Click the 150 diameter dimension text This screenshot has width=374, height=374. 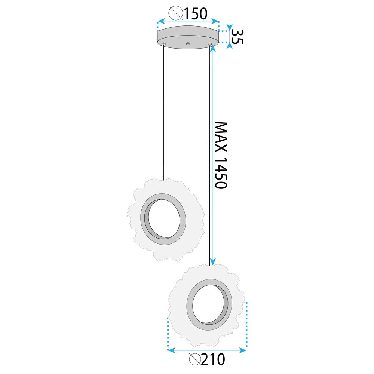[x=194, y=14]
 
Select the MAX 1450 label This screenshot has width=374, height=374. [x=221, y=155]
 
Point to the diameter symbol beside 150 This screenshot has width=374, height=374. [x=175, y=14]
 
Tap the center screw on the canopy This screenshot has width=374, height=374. [x=188, y=44]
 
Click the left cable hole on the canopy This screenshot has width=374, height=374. [x=163, y=44]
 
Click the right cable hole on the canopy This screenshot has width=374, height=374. [x=210, y=45]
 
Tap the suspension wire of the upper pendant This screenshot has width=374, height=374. [x=163, y=112]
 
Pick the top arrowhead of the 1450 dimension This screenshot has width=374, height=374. [x=212, y=49]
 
